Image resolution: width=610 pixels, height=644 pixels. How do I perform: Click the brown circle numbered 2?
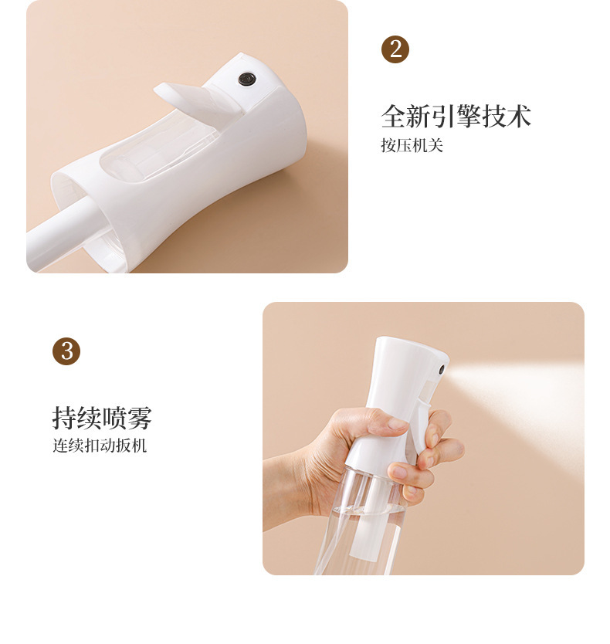tap(395, 49)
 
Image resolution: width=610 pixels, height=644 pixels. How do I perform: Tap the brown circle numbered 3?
tap(66, 351)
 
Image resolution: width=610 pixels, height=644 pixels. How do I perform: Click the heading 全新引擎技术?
tap(456, 117)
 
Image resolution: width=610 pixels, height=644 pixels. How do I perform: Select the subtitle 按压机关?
tap(412, 145)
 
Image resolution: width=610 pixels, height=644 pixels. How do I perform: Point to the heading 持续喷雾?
tap(102, 418)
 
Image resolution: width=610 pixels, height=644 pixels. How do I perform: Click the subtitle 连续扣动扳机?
tap(100, 446)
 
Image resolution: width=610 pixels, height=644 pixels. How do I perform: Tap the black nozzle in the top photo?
tap(247, 80)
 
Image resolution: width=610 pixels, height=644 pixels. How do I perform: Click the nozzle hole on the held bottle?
tap(442, 369)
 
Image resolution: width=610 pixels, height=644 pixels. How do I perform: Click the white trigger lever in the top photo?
tap(197, 100)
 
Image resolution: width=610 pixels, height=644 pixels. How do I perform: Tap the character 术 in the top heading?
tap(519, 117)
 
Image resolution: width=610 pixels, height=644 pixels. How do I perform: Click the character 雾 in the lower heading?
tap(140, 418)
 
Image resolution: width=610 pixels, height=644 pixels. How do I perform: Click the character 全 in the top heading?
tap(394, 117)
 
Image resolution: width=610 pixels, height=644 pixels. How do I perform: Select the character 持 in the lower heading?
tap(65, 418)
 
